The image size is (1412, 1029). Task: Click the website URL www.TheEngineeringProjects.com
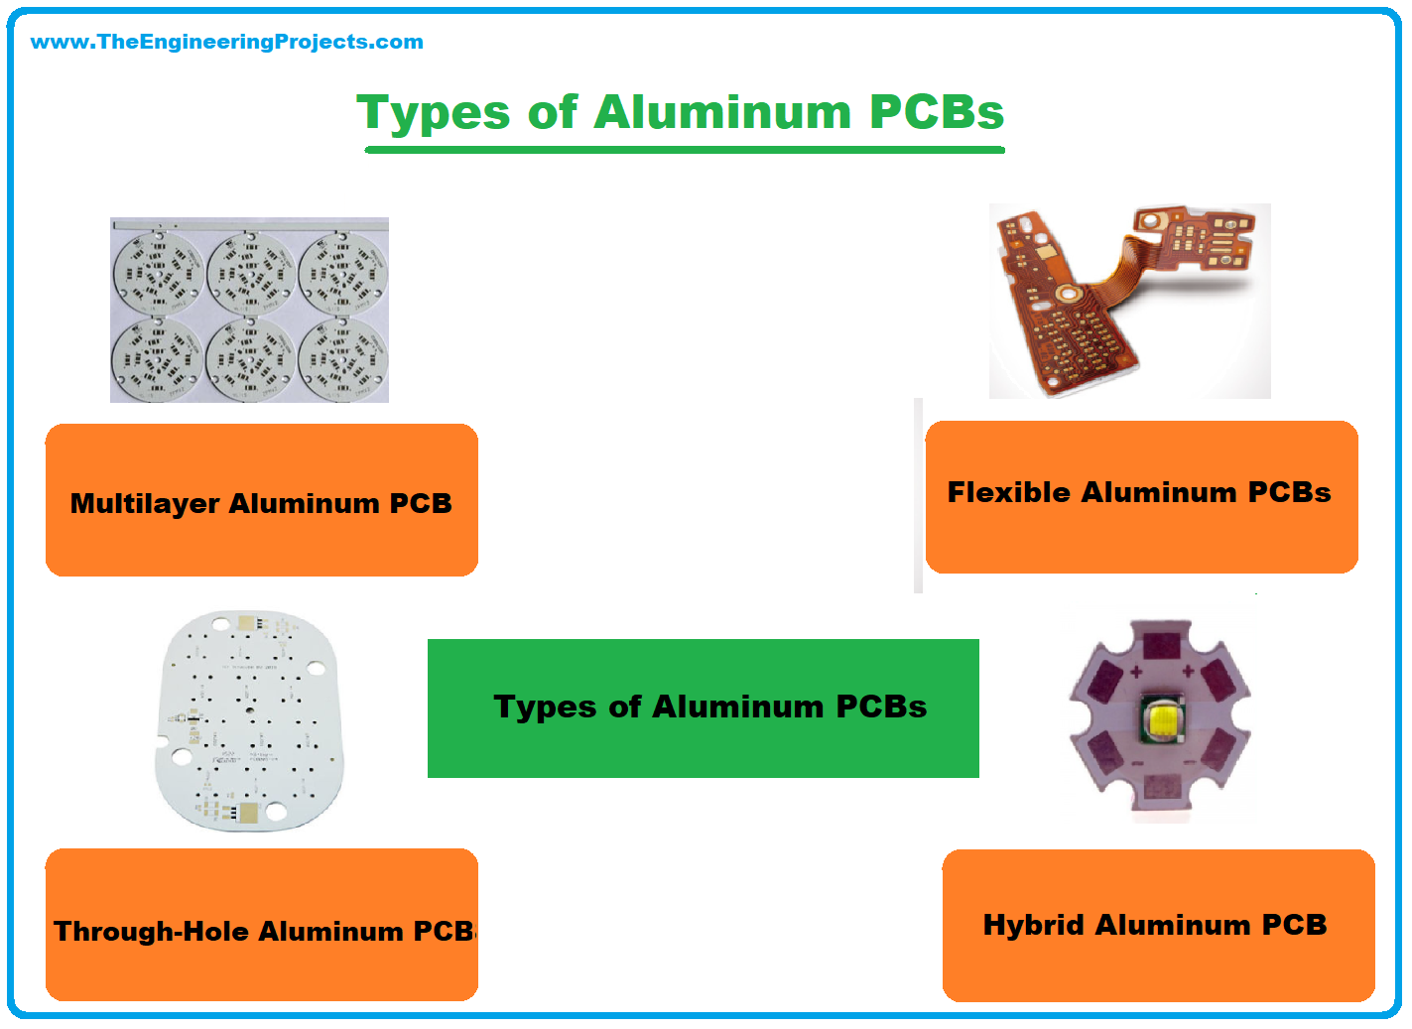tap(227, 42)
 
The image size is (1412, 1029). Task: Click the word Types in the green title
tap(433, 113)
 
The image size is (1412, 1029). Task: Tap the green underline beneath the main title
tap(685, 150)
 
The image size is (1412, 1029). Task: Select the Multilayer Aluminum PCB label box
tap(262, 500)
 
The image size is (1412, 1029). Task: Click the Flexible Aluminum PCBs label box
tap(1141, 497)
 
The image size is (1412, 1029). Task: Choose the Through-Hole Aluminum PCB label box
tap(262, 925)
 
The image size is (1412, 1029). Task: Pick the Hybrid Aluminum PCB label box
tap(1159, 926)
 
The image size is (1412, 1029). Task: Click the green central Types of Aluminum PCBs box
tap(704, 708)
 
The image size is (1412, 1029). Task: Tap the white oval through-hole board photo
tap(250, 720)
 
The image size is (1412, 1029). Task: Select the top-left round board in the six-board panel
tap(158, 274)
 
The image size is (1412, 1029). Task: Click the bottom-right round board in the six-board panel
tap(343, 359)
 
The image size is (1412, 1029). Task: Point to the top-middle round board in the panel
tap(251, 274)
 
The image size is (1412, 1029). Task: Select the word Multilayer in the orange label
tap(145, 504)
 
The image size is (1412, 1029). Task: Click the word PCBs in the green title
tap(937, 113)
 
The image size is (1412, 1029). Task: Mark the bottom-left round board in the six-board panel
tap(158, 359)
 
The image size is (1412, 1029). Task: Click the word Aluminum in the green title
tap(723, 113)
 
